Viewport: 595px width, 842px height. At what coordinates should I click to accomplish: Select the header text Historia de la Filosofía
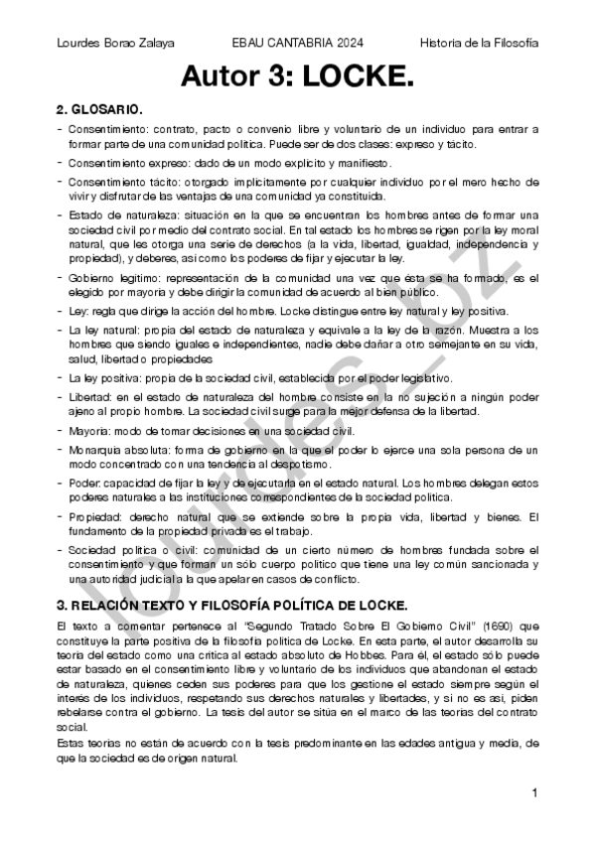(479, 43)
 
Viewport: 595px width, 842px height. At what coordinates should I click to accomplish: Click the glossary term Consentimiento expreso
(125, 162)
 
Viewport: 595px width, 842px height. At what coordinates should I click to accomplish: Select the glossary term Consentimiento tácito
(121, 182)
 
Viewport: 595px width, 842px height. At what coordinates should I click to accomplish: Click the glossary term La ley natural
(102, 327)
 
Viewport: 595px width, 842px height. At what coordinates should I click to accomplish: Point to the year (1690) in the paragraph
(480, 627)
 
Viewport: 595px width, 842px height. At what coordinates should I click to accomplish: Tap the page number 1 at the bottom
(534, 792)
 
